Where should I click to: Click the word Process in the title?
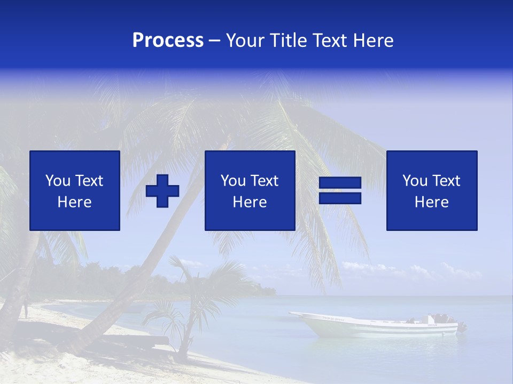click(x=168, y=41)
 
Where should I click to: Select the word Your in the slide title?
click(x=244, y=41)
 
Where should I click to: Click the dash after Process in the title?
click(x=214, y=41)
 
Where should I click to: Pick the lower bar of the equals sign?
click(x=340, y=198)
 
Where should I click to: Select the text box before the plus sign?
click(x=75, y=190)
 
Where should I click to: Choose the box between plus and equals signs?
click(x=250, y=190)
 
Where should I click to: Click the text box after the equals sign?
click(x=432, y=190)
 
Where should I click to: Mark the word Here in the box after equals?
click(x=432, y=202)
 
